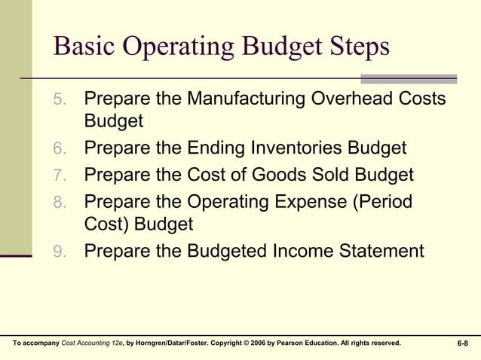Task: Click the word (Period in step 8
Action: point(382,203)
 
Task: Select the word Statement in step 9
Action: point(376,251)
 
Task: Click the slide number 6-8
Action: point(462,343)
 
